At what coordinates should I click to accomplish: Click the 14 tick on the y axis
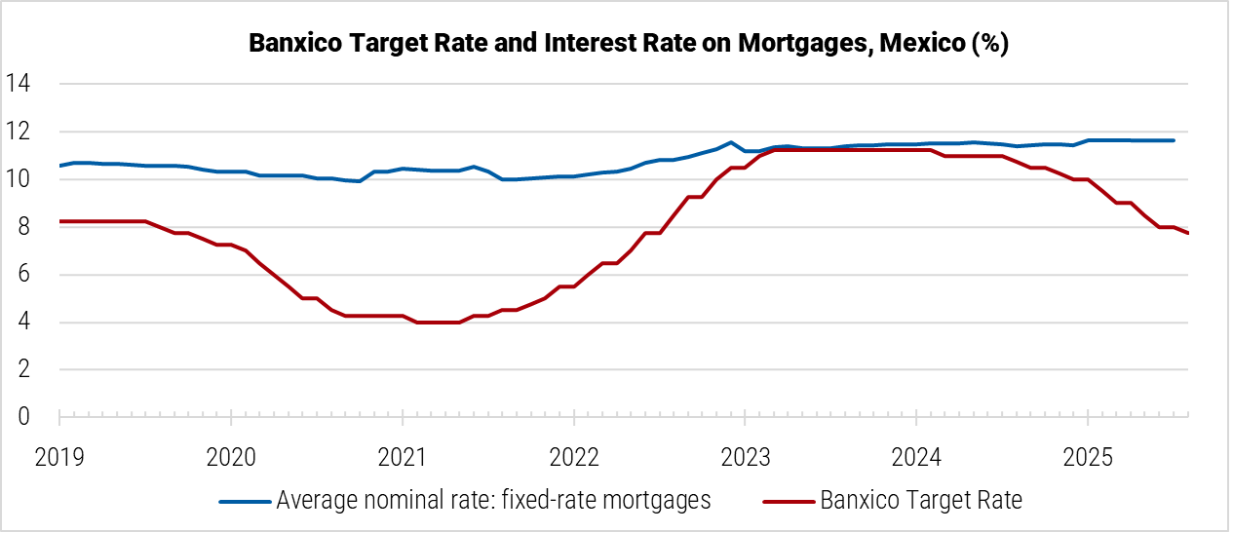click(19, 84)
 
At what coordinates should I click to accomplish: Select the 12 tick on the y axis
click(19, 132)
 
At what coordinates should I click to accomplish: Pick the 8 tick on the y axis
click(23, 227)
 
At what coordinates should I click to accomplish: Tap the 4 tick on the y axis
click(23, 323)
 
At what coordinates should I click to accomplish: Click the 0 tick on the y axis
click(23, 417)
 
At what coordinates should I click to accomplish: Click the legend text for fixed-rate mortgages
click(493, 501)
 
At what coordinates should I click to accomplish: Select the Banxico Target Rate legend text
click(921, 501)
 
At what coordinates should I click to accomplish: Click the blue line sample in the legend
click(244, 502)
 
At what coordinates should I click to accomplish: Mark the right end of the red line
click(1187, 233)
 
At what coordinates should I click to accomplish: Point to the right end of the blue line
click(1174, 140)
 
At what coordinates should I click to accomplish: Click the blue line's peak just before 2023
click(730, 142)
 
